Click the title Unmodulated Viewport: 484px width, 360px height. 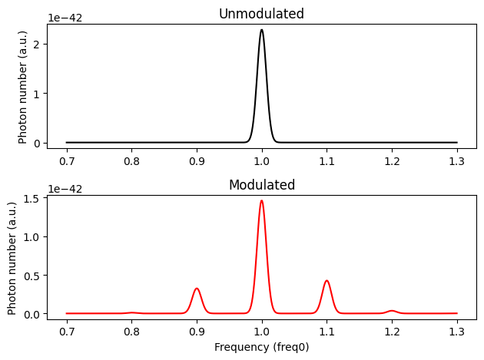(261, 14)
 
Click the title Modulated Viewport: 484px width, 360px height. (261, 185)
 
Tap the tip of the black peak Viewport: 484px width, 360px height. (262, 31)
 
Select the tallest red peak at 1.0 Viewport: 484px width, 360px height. (262, 201)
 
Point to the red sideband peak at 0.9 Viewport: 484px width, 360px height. (197, 289)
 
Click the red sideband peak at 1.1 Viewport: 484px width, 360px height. (327, 281)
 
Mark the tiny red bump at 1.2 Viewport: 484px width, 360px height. (392, 311)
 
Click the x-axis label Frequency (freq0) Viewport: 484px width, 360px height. (261, 346)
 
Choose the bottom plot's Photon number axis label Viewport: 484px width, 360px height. (13, 258)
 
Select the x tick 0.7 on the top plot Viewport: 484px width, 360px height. (67, 161)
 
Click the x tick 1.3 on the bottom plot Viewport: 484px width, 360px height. (457, 332)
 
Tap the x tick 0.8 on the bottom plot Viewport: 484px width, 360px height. (131, 332)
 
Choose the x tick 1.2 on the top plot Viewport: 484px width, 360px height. (392, 161)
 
